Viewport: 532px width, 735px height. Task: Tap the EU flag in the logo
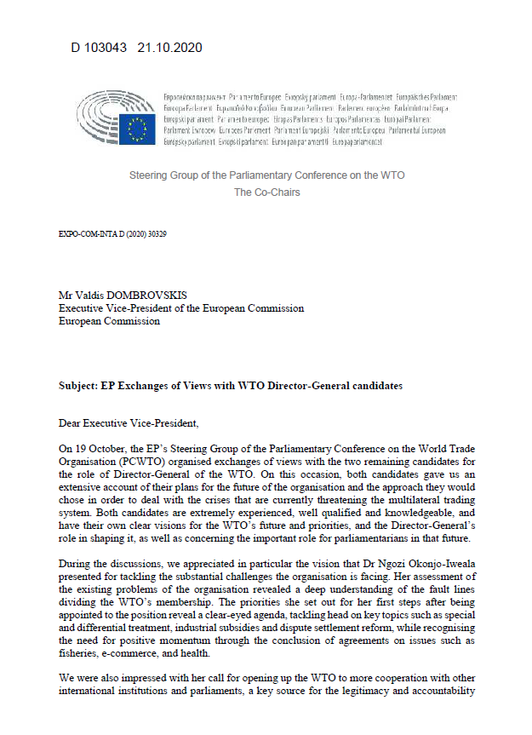coord(136,129)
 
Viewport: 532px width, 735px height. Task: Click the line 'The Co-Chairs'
coord(266,192)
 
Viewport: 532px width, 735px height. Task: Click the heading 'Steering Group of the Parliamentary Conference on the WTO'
coord(266,175)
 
